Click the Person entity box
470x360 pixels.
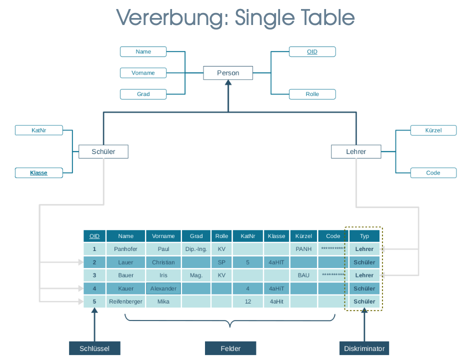[x=228, y=73]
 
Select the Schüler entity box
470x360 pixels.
[x=103, y=151]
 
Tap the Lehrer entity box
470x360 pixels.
[x=356, y=151]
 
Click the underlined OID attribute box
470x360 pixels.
[x=312, y=51]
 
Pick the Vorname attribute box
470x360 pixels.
[x=143, y=73]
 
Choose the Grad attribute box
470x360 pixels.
[x=143, y=94]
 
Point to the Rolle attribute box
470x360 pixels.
[x=312, y=94]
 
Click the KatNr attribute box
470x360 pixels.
[x=39, y=130]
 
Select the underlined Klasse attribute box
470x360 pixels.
[x=39, y=173]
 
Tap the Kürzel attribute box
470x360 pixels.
[x=433, y=130]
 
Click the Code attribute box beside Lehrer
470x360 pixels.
[x=433, y=173]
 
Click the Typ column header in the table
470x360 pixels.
[x=364, y=236]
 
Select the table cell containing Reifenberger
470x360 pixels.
[x=125, y=301]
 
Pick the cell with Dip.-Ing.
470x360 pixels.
[x=196, y=249]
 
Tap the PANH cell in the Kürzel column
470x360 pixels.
[x=303, y=249]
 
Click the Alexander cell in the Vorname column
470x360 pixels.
[x=163, y=288]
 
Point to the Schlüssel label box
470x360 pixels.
[x=94, y=348]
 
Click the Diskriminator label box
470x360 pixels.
[x=364, y=348]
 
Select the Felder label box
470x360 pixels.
[x=230, y=348]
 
